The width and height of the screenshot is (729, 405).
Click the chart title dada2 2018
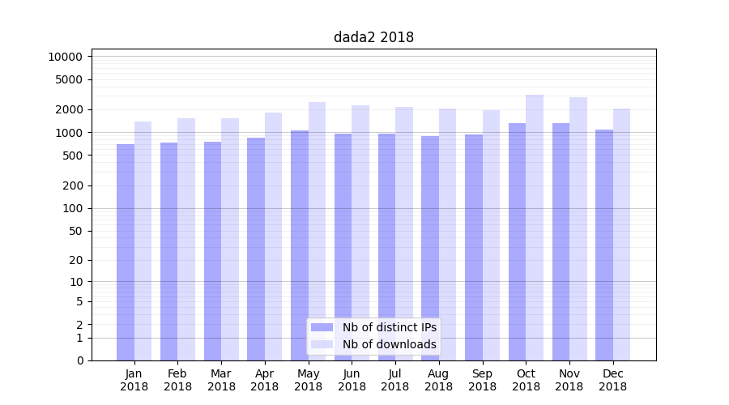coord(373,37)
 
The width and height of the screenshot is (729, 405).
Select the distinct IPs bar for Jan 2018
coord(126,252)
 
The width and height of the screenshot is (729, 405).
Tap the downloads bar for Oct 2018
coord(535,228)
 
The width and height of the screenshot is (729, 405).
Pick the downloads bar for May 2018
coord(317,231)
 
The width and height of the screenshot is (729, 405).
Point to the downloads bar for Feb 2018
coord(186,239)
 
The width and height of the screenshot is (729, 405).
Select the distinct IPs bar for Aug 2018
coord(430,248)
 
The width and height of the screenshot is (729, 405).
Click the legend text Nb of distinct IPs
coord(390,327)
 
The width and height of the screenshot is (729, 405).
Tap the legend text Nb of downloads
coord(390,344)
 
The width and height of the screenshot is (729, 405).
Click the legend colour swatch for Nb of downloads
coord(322,344)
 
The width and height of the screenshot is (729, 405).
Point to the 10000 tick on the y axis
coord(66,57)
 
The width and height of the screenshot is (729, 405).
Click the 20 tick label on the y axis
coord(75,260)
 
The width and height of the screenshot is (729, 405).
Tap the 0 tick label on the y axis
coord(79,360)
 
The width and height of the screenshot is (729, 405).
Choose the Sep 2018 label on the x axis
coord(482,380)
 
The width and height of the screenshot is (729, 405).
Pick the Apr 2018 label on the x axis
coord(265,380)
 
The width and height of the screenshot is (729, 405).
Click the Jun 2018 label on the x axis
coord(352,380)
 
